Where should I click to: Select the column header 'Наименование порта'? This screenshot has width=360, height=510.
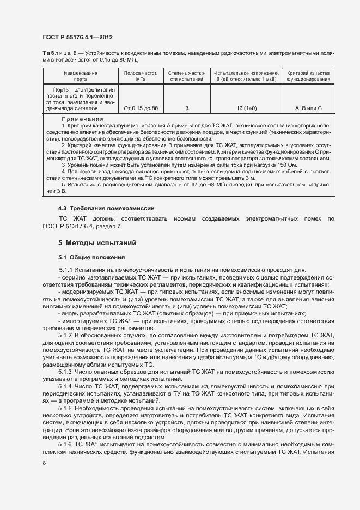(80, 76)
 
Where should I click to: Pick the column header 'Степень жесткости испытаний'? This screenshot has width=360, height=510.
(186, 76)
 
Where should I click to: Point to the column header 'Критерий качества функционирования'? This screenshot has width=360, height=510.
(308, 76)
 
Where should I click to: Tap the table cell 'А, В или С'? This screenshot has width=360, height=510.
(308, 108)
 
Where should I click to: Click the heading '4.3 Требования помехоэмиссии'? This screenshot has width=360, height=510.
(99, 208)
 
